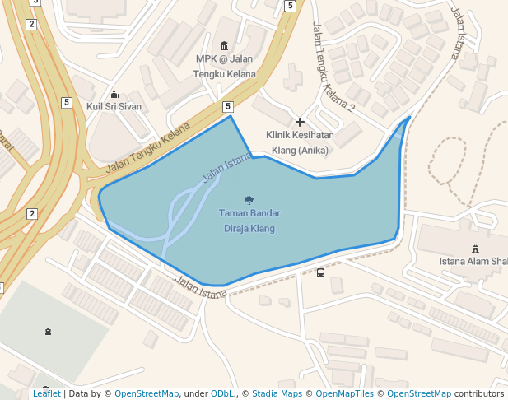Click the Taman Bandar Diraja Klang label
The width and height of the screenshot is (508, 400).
pyautogui.click(x=249, y=221)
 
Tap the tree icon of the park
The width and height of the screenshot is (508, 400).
pyautogui.click(x=249, y=199)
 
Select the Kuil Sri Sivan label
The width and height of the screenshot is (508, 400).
pyautogui.click(x=114, y=107)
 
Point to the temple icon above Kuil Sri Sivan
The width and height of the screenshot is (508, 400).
pyautogui.click(x=114, y=94)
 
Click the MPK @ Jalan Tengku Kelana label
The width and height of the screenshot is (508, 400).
pyautogui.click(x=224, y=66)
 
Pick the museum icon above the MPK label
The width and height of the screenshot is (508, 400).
pyautogui.click(x=225, y=44)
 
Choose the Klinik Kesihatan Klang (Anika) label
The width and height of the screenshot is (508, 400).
pyautogui.click(x=300, y=142)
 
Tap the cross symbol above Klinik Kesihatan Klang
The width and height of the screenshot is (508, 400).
pyautogui.click(x=300, y=122)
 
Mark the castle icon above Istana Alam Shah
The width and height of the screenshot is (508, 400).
pyautogui.click(x=474, y=249)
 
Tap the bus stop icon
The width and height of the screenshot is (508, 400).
pyautogui.click(x=320, y=272)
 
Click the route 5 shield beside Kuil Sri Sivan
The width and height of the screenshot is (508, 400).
pyautogui.click(x=66, y=102)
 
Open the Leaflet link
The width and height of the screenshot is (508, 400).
pyautogui.click(x=47, y=393)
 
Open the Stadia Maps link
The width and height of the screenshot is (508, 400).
pyautogui.click(x=277, y=393)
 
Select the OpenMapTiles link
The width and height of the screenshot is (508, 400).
pyautogui.click(x=339, y=393)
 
